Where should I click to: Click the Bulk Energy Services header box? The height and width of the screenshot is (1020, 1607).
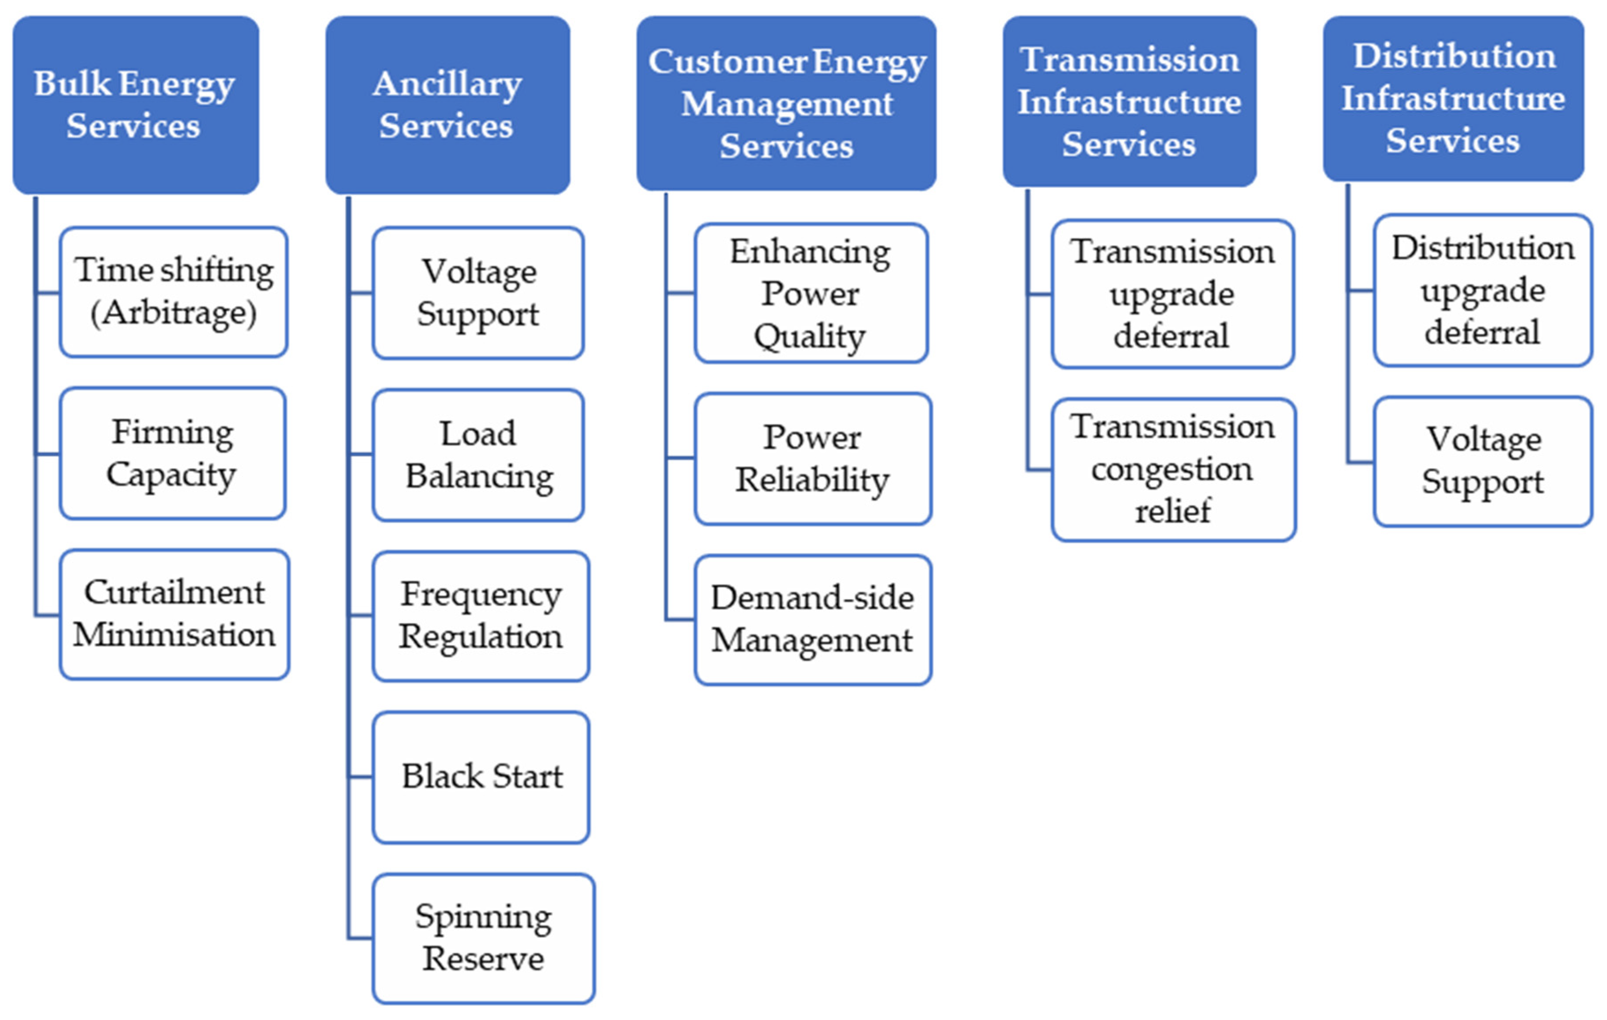click(136, 105)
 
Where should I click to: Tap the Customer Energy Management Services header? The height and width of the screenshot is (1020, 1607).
click(786, 103)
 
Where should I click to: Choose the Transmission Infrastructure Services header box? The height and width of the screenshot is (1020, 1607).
click(1129, 102)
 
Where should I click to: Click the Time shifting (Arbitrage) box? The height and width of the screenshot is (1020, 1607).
click(174, 292)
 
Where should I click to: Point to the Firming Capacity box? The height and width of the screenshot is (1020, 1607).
click(173, 453)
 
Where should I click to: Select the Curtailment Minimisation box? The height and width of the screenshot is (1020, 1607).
click(174, 614)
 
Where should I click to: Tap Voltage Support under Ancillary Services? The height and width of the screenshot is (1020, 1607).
click(478, 292)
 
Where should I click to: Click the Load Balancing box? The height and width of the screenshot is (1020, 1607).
click(478, 455)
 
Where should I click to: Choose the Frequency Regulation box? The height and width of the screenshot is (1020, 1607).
click(481, 615)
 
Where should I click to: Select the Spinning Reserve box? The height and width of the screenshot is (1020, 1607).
click(483, 938)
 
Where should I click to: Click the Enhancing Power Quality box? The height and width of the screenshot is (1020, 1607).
click(811, 293)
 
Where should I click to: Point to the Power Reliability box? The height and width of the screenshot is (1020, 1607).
click(812, 459)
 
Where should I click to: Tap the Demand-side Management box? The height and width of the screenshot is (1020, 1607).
click(812, 619)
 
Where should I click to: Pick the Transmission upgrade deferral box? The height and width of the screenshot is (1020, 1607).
click(1172, 294)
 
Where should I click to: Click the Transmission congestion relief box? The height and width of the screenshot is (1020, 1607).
click(1173, 469)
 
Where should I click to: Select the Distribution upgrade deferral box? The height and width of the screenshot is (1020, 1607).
click(1482, 290)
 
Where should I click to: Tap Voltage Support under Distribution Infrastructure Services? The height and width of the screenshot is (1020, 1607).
click(1482, 461)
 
